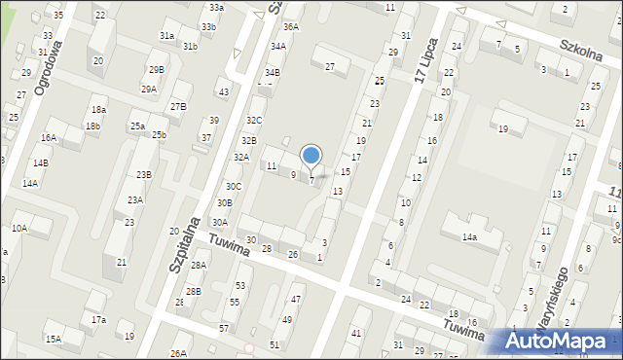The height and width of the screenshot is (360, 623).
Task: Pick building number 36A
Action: coord(291,27)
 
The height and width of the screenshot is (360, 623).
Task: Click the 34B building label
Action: coord(273,72)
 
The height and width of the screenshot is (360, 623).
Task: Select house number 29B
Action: coord(156,69)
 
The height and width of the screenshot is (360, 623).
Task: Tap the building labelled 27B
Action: coord(177,106)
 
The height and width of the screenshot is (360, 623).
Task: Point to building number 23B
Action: coord(144,175)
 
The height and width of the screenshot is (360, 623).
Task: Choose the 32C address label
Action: coord(254,120)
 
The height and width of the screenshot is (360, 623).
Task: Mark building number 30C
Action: coord(234,186)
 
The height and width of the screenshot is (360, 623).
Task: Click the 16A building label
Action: coord(49,138)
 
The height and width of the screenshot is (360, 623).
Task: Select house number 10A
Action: coord(19,228)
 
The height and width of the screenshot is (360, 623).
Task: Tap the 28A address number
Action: coord(199,265)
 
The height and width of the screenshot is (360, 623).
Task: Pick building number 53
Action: coord(239,285)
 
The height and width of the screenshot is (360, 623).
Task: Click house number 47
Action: coord(296,299)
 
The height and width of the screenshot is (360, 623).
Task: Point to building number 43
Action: coord(224,91)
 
